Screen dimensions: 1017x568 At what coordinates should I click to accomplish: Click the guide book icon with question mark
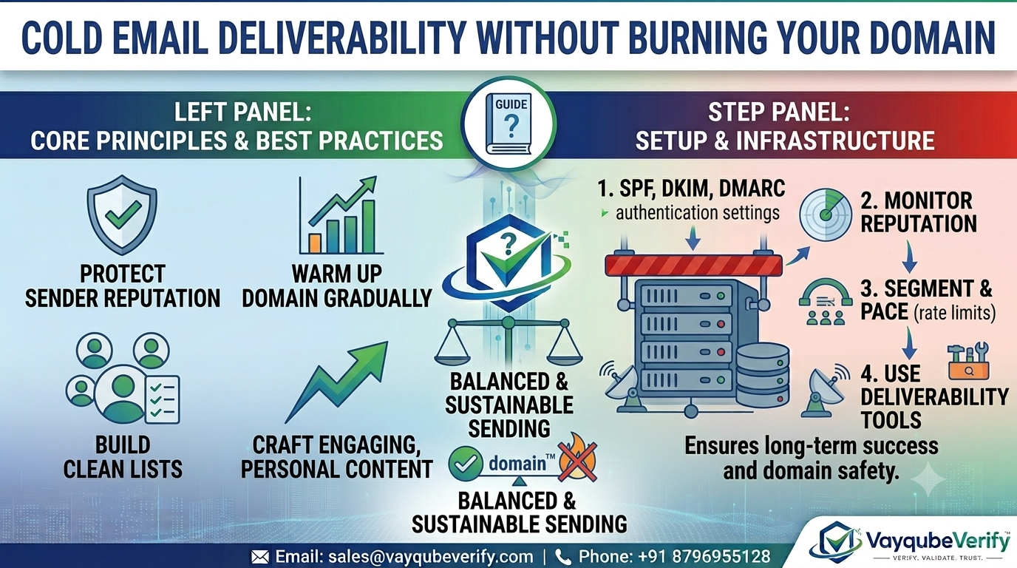pyautogui.click(x=508, y=124)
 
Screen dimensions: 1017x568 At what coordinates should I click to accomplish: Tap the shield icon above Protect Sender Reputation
pyautogui.click(x=122, y=214)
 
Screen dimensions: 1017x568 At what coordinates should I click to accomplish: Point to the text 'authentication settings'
pyautogui.click(x=698, y=213)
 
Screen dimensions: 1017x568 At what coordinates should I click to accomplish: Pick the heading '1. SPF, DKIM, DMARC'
pyautogui.click(x=691, y=188)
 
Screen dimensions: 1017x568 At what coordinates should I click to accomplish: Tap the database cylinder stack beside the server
pyautogui.click(x=763, y=375)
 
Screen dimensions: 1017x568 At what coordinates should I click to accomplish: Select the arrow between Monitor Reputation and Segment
pyautogui.click(x=909, y=257)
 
